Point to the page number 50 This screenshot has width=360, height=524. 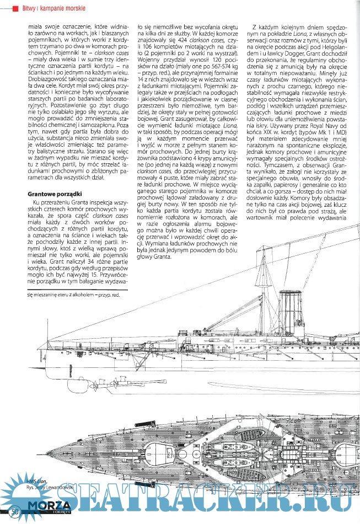click(15, 512)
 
